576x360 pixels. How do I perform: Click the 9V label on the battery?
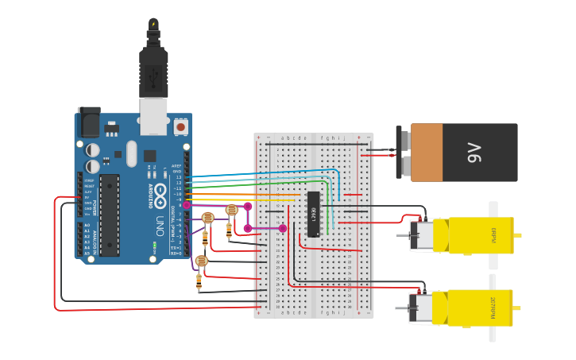click(474, 152)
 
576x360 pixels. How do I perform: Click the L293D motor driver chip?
click(314, 214)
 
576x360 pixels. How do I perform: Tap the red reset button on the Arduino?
click(180, 126)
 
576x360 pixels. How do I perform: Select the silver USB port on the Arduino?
click(154, 116)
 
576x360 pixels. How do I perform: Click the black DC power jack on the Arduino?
click(89, 122)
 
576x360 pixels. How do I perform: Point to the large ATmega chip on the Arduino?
click(110, 215)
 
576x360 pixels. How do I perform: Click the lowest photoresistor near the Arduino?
click(201, 261)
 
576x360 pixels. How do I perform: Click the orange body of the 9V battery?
click(427, 152)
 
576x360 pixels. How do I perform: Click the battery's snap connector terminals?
click(402, 153)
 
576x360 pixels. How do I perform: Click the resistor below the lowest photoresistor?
click(199, 282)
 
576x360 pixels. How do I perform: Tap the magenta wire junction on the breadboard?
click(283, 228)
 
